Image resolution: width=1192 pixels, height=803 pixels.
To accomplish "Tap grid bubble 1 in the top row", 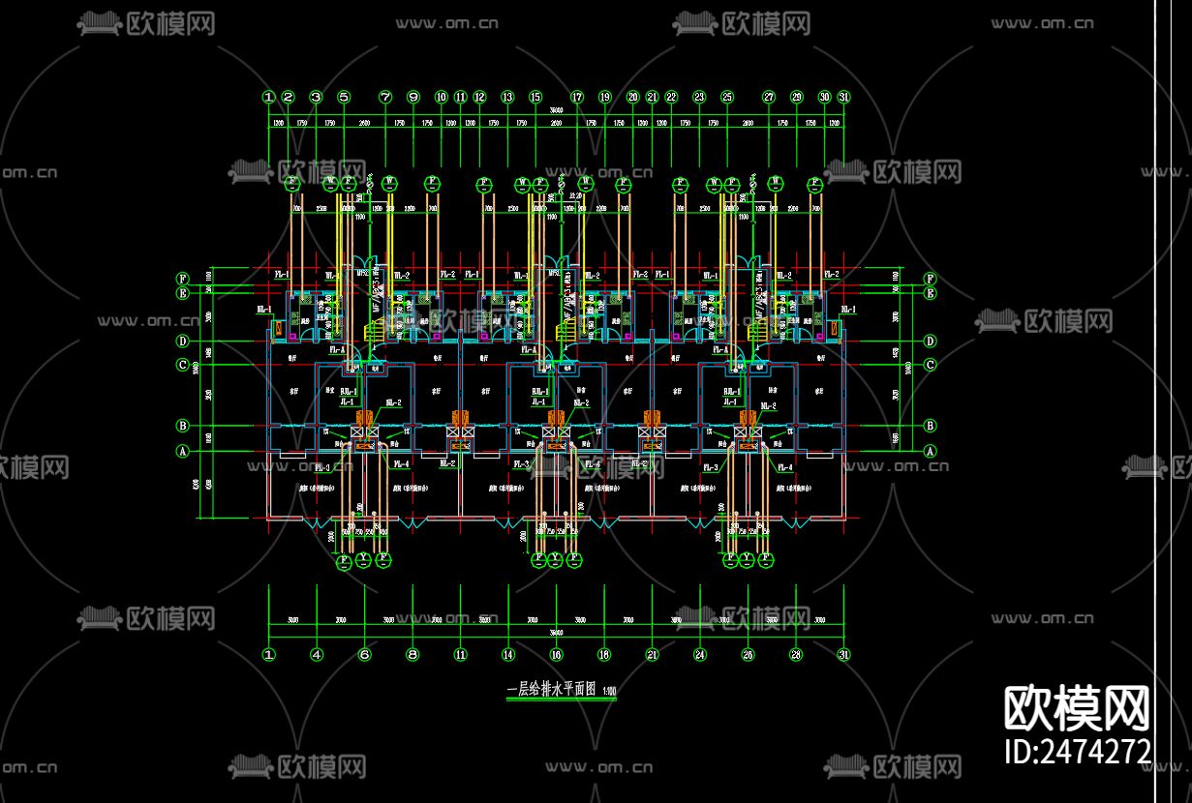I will click(268, 97).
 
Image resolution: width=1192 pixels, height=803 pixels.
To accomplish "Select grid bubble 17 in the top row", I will click(577, 97).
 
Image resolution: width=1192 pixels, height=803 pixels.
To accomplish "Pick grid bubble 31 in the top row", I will click(843, 97).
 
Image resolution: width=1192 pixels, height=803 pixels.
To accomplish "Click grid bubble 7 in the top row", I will click(385, 97).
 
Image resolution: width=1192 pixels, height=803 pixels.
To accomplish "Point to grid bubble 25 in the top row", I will click(727, 97).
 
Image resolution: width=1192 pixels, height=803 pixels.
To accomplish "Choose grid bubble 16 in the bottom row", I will click(556, 655).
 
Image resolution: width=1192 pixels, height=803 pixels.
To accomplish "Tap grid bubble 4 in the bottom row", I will click(317, 655).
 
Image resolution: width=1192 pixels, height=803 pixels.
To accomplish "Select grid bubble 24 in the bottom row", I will click(699, 655).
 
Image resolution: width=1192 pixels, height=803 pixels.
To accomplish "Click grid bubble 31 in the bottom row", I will click(843, 655).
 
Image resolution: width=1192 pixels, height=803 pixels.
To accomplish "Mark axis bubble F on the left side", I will click(181, 278).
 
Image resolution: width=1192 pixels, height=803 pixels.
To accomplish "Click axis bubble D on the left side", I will click(181, 341).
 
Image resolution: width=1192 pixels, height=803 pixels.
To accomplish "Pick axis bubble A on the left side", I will click(181, 451).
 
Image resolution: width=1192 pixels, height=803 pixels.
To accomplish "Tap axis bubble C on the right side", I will click(930, 365).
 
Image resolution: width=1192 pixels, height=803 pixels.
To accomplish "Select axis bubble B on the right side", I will click(930, 426).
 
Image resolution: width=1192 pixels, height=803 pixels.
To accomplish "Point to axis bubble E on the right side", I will click(930, 293).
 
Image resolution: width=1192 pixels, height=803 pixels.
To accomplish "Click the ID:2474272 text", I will click(1078, 751).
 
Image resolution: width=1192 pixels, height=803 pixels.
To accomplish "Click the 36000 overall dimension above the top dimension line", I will click(556, 113).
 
